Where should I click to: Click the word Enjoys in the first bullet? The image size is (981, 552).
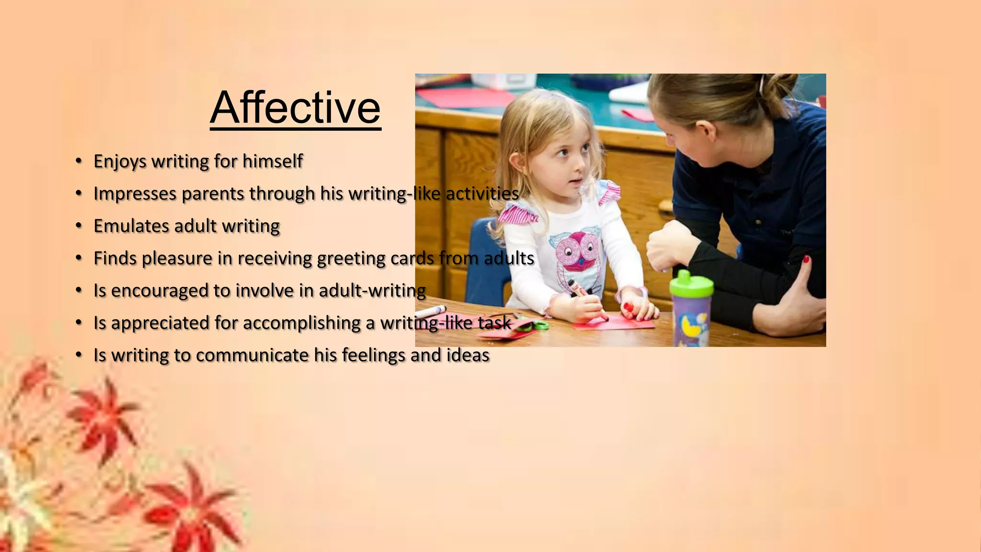[x=120, y=161]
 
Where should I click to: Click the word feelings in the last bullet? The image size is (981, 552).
[x=374, y=355]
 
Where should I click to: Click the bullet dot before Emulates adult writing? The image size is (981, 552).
[x=79, y=226]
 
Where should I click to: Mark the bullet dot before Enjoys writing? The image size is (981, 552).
[x=79, y=161]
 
